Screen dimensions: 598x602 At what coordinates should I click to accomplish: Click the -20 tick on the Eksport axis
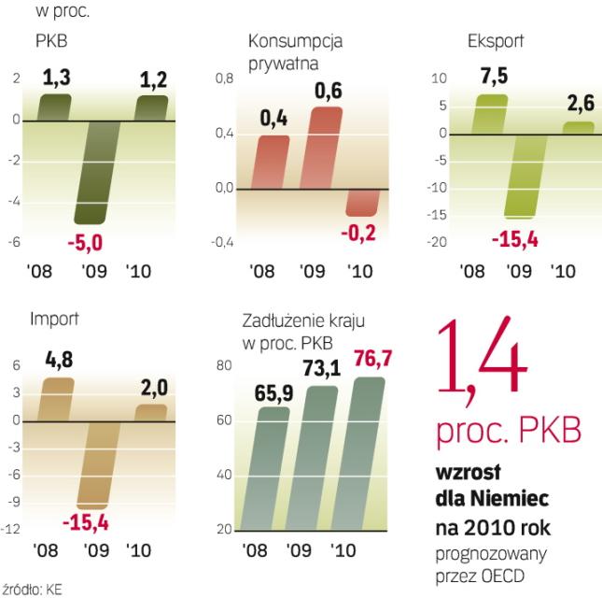[x=440, y=243]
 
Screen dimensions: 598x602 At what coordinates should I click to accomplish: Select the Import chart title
[x=54, y=319]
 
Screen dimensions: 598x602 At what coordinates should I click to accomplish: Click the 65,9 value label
[x=274, y=393]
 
